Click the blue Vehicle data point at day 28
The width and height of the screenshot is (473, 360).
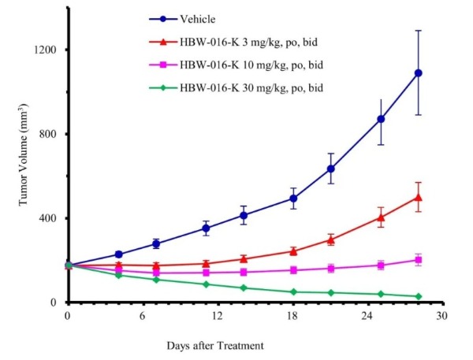[419, 72]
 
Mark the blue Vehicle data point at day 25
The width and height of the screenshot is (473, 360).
[381, 119]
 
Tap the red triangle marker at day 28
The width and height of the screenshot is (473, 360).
[419, 197]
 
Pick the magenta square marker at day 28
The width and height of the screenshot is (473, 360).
[419, 259]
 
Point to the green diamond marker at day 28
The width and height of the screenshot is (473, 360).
[419, 296]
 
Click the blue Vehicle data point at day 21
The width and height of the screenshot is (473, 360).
[331, 169]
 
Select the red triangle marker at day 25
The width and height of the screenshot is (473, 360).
[381, 217]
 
